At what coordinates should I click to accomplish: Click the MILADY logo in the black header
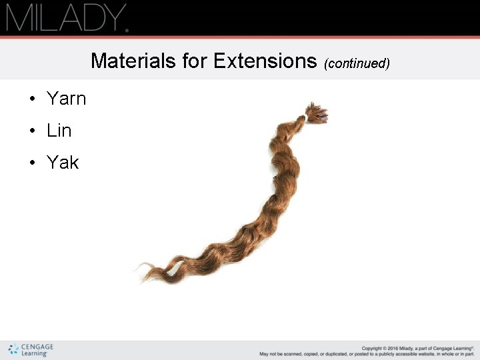coord(67,18)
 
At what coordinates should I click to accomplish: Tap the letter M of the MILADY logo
coord(18,18)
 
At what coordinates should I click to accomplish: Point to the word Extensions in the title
coord(265,61)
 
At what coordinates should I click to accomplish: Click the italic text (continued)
coord(357,64)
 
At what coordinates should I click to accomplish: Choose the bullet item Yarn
coord(67,99)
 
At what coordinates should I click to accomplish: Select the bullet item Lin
coord(59,131)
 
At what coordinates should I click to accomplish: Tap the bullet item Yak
coord(63,163)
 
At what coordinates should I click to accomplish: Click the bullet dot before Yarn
coord(32,99)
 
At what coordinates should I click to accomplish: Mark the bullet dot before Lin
coord(32,131)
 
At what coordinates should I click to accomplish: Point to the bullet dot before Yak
coord(32,163)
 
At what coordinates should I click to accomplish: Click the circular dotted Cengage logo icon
coord(13,349)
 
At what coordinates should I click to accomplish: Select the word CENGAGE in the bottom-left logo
coord(37,347)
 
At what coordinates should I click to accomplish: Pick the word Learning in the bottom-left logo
coord(35,354)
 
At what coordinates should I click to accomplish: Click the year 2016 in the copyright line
coord(395,348)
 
